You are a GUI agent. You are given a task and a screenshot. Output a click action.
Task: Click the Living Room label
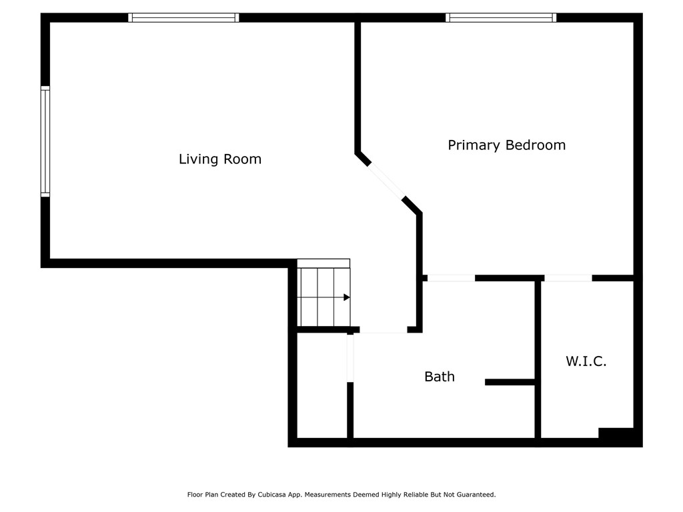pyautogui.click(x=220, y=159)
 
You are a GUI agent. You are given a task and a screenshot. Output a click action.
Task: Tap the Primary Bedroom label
pyautogui.click(x=507, y=145)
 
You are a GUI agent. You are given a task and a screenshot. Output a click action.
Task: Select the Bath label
pyautogui.click(x=440, y=377)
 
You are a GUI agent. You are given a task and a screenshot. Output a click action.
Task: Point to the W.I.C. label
pyautogui.click(x=586, y=361)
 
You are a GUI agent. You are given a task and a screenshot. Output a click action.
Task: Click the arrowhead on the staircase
pyautogui.click(x=347, y=297)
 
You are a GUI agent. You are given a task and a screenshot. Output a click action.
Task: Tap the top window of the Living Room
pyautogui.click(x=183, y=17)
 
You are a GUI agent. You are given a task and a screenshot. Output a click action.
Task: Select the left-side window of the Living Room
pyautogui.click(x=45, y=141)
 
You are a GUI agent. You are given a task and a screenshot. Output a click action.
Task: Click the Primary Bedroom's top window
pyautogui.click(x=501, y=17)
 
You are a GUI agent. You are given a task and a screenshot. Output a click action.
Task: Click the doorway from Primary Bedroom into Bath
pyautogui.click(x=451, y=278)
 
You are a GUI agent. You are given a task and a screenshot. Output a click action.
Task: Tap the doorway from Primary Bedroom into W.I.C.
pyautogui.click(x=568, y=278)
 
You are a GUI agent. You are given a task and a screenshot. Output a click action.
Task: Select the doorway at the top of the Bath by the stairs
pyautogui.click(x=384, y=330)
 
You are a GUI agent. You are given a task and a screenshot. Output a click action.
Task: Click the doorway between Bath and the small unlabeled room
pyautogui.click(x=350, y=358)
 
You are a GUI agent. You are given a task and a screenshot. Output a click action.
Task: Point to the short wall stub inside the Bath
pyautogui.click(x=510, y=382)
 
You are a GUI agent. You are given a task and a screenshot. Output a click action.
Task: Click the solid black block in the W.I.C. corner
pyautogui.click(x=616, y=433)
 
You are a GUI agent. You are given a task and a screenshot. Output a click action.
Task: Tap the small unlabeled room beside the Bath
pyautogui.click(x=322, y=386)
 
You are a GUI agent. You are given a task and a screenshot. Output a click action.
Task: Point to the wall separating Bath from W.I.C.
pyautogui.click(x=538, y=359)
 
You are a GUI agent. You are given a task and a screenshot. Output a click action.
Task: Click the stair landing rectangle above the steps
pyautogui.click(x=323, y=263)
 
